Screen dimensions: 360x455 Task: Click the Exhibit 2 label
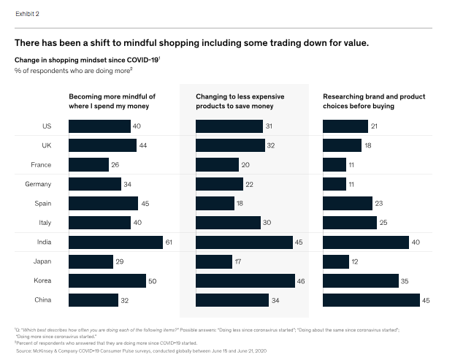click(x=26, y=14)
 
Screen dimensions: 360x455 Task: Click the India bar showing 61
click(x=115, y=242)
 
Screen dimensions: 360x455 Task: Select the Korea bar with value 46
click(x=245, y=280)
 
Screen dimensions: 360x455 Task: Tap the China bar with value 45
click(x=371, y=299)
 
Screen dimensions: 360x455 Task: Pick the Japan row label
click(x=42, y=261)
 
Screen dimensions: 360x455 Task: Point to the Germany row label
click(x=39, y=184)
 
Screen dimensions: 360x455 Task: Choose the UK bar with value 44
click(x=102, y=146)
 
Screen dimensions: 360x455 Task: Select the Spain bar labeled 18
click(x=215, y=203)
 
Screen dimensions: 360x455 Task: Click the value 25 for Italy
click(x=383, y=222)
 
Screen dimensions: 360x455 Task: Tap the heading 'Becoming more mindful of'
click(x=112, y=96)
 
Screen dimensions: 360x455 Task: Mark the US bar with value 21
click(x=345, y=127)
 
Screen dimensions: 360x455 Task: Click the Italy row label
click(x=44, y=222)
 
